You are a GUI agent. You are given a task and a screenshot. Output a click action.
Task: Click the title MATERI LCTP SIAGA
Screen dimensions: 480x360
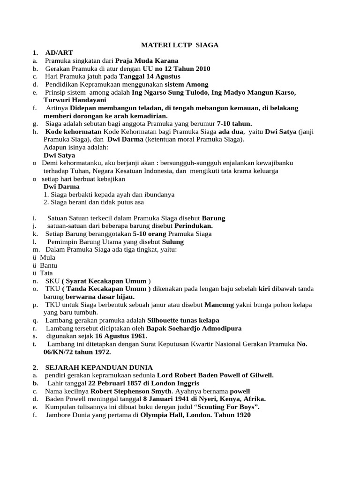(180, 45)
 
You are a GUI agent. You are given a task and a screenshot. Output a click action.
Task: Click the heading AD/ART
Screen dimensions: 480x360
(59, 53)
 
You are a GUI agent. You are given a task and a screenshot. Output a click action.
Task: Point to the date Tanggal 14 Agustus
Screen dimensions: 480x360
(150, 76)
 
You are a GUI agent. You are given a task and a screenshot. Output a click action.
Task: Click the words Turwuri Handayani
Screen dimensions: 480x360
(75, 100)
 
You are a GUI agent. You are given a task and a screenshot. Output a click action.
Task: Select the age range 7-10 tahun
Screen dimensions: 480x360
(234, 124)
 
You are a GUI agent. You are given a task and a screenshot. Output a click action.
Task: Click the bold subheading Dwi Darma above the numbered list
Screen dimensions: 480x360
(61, 187)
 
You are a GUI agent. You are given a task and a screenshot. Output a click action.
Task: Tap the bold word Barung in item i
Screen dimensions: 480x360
(213, 218)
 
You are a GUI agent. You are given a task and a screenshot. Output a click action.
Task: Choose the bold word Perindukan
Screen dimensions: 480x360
(193, 226)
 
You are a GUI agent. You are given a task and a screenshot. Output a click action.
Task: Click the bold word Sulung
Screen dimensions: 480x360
(173, 242)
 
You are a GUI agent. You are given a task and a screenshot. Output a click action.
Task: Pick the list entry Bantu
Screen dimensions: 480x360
(48, 265)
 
